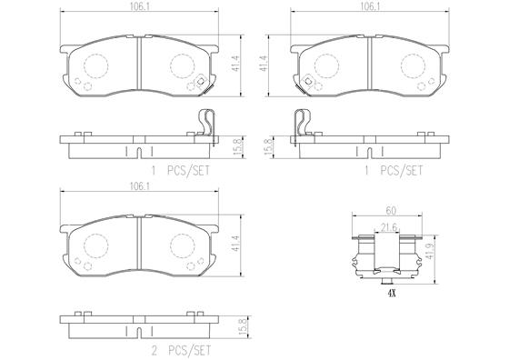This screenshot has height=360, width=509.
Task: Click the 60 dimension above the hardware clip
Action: tap(391, 211)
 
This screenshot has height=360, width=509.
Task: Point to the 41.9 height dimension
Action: tap(430, 251)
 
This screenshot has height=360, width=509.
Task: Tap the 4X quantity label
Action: tap(392, 294)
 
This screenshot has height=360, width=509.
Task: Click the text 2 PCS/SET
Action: tap(181, 351)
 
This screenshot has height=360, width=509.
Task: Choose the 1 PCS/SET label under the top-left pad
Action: tap(181, 171)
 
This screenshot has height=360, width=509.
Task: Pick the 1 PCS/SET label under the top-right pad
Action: tap(394, 171)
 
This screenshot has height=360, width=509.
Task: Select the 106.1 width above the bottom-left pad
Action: tap(139, 186)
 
